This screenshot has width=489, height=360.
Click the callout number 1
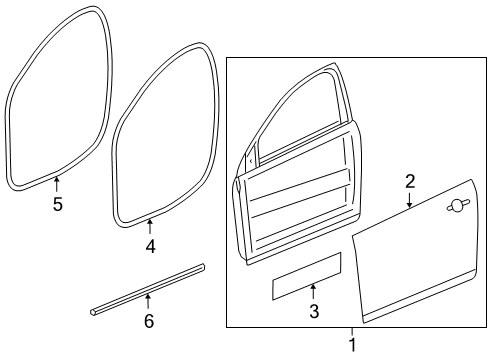pos(351,345)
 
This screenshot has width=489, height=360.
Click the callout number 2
pos(409,181)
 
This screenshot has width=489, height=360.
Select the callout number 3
pos(313,312)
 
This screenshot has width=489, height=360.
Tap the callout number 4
pos(150,244)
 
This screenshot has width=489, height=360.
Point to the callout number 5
pos(57,205)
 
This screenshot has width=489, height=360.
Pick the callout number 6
pos(149,320)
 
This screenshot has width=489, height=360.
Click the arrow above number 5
pos(57,182)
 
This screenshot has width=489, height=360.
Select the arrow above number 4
pos(150,222)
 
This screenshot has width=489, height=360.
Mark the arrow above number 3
pos(313,291)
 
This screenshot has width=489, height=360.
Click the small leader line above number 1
pos(351,333)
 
